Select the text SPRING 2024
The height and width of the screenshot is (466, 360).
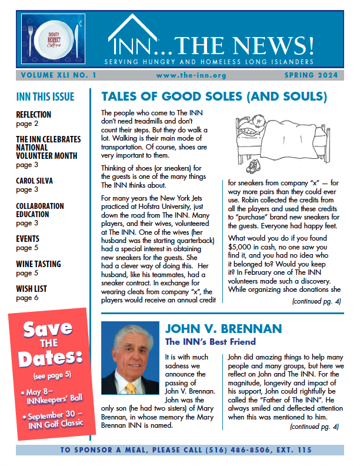[311, 76]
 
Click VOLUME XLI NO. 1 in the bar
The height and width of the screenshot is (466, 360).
[58, 76]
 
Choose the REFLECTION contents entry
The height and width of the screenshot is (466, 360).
[34, 115]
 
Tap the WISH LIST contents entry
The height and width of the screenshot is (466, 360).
[32, 289]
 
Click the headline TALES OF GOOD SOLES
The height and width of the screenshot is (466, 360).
[214, 96]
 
